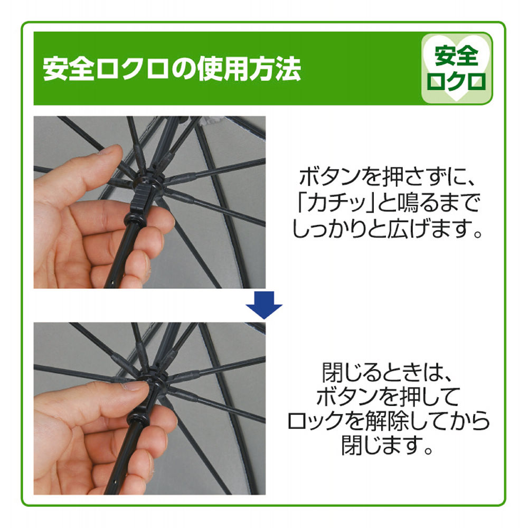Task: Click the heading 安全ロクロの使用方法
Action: coord(172,69)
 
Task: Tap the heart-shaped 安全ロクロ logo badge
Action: coord(457,69)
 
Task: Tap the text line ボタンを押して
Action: coord(388,398)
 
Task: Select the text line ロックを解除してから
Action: coord(388,423)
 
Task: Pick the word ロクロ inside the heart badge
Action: coord(457,81)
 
